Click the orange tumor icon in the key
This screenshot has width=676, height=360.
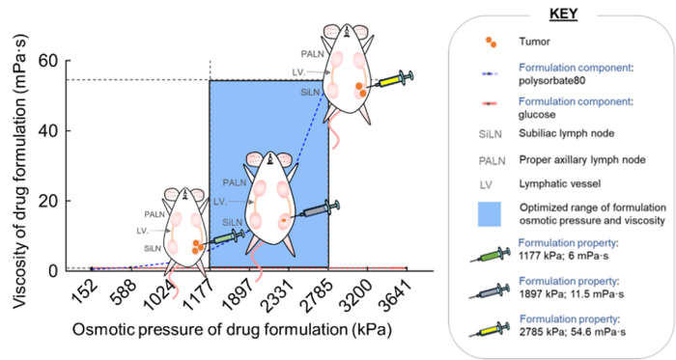(x=493, y=42)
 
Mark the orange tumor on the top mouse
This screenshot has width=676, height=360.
(x=360, y=90)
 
